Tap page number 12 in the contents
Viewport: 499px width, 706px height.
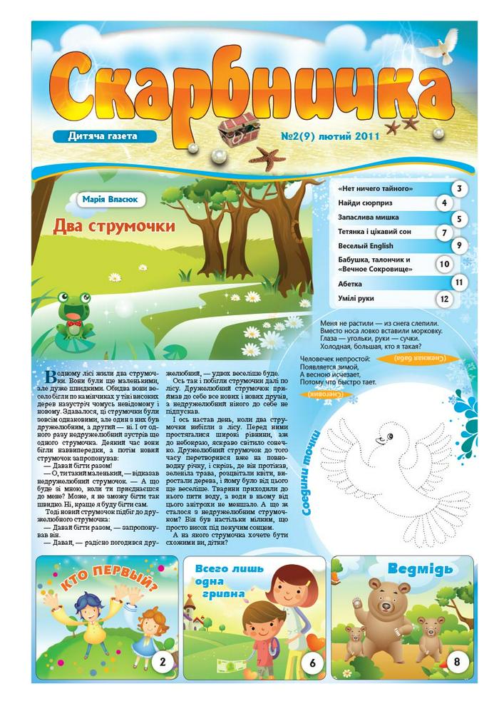tap(445, 299)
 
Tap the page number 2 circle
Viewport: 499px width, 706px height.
tap(162, 663)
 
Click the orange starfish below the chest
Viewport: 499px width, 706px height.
tap(267, 158)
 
